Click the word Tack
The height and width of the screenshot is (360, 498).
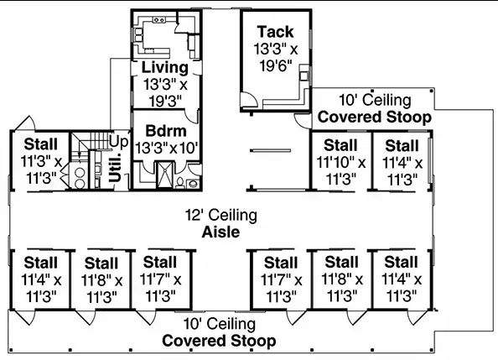[275, 32]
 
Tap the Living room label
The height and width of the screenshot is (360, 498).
[165, 67]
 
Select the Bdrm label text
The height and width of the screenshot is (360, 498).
[166, 131]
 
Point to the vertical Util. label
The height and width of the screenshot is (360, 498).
[116, 168]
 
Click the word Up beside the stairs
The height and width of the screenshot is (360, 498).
[119, 142]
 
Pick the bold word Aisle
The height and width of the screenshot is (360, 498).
[220, 232]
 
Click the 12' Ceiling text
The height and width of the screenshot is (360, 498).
[221, 216]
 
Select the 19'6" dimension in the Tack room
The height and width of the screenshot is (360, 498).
[275, 66]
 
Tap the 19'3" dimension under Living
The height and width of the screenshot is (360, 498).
[165, 102]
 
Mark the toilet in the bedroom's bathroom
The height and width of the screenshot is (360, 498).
[179, 182]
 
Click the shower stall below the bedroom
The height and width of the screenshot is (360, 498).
[165, 175]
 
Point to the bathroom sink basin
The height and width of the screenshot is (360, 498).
[193, 184]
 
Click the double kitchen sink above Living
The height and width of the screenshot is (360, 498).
[158, 20]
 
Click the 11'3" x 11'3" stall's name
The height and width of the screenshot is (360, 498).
[40, 144]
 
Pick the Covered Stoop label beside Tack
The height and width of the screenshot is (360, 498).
[375, 117]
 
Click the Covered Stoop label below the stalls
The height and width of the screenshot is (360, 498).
[219, 341]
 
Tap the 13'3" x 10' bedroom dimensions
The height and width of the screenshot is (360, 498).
[167, 148]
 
